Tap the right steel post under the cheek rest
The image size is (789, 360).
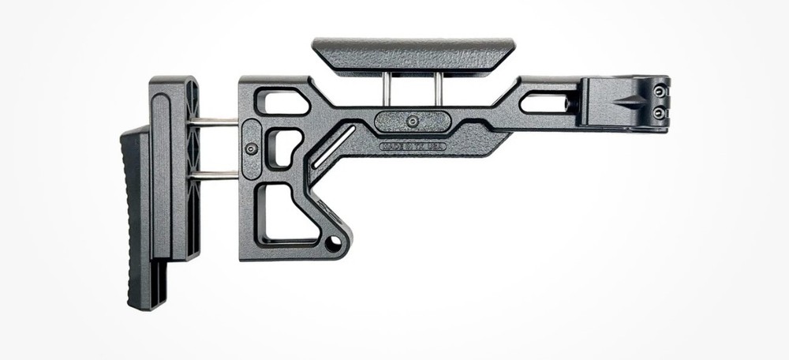[x=439, y=92]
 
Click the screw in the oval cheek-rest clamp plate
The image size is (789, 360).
[x=413, y=121]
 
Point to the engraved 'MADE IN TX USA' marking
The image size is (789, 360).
[x=413, y=146]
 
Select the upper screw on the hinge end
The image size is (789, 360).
[x=658, y=92]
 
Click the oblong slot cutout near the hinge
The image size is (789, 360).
[x=544, y=103]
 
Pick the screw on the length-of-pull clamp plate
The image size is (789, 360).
[x=252, y=148]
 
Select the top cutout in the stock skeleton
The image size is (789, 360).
[x=282, y=102]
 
